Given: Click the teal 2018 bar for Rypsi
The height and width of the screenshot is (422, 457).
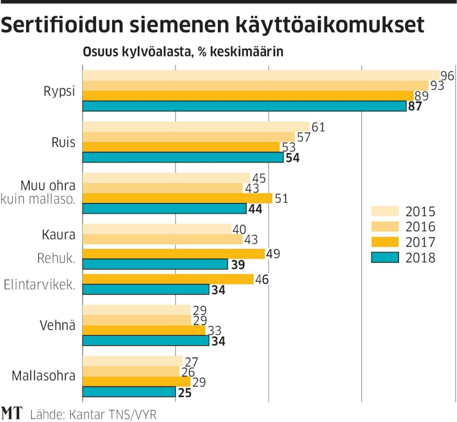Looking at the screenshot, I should pyautogui.click(x=244, y=106).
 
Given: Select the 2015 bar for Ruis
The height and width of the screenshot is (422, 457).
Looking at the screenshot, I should pyautogui.click(x=195, y=126).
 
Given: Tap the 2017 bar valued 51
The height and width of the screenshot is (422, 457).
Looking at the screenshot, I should pyautogui.click(x=177, y=198).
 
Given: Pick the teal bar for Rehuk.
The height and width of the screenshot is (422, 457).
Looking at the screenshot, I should pyautogui.click(x=155, y=264).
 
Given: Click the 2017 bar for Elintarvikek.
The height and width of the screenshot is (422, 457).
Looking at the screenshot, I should pyautogui.click(x=168, y=279).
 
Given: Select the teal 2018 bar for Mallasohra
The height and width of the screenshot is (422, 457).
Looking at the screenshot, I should pyautogui.click(x=129, y=392).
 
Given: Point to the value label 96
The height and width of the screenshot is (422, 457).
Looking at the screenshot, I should pyautogui.click(x=447, y=76).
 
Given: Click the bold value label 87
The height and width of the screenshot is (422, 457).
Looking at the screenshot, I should pyautogui.click(x=415, y=107).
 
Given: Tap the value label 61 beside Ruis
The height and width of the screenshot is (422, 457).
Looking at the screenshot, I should pyautogui.click(x=318, y=127).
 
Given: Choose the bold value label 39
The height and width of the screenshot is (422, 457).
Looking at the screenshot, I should pyautogui.click(x=238, y=265).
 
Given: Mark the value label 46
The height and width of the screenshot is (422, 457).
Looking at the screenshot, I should pyautogui.click(x=262, y=279).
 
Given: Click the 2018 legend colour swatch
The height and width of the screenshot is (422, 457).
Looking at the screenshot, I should pyautogui.click(x=385, y=257).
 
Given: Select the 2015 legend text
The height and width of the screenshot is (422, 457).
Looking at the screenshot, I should pyautogui.click(x=420, y=212).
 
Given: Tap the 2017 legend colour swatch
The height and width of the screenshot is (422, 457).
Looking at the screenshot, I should pyautogui.click(x=385, y=242).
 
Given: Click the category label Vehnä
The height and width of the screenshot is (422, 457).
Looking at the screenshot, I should pyautogui.click(x=57, y=325).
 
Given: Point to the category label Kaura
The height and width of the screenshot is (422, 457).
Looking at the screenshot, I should pyautogui.click(x=58, y=235).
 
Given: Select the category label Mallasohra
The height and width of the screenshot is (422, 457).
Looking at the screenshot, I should pyautogui.click(x=43, y=376).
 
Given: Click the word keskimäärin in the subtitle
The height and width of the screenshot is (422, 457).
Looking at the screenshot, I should pyautogui.click(x=247, y=52).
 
